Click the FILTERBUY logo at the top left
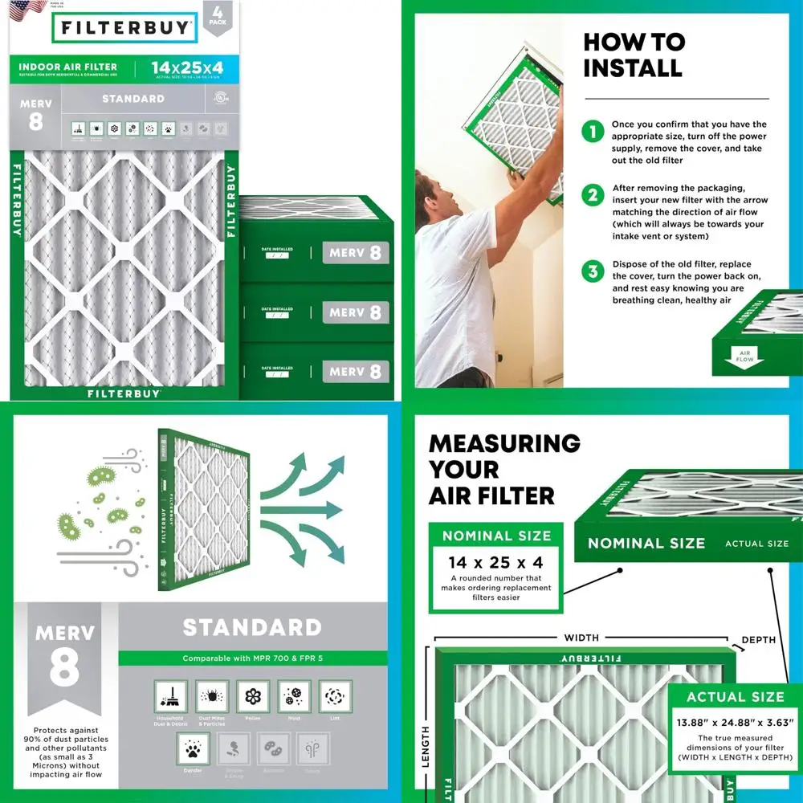click(124, 27)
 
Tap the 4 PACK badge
click(215, 16)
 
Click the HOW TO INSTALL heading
click(634, 55)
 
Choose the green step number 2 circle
click(593, 195)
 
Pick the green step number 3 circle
click(593, 271)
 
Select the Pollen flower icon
click(253, 696)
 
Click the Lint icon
click(335, 696)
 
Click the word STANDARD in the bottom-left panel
click(252, 627)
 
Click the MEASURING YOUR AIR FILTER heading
click(504, 469)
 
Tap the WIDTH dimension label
click(581, 638)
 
